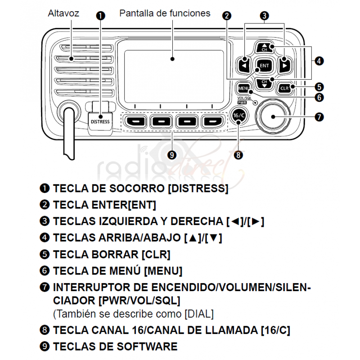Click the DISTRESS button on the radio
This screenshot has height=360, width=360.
click(x=100, y=121)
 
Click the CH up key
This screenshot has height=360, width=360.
click(x=264, y=47)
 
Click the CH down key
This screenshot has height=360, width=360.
click(x=264, y=82)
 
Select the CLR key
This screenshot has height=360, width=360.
click(x=284, y=88)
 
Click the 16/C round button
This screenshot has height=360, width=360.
click(x=238, y=115)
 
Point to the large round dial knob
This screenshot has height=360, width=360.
click(x=272, y=116)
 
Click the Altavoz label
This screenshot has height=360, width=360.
click(x=63, y=13)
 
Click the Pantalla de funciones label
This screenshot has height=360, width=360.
click(x=165, y=13)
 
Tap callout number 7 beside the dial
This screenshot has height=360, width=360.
click(x=319, y=117)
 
